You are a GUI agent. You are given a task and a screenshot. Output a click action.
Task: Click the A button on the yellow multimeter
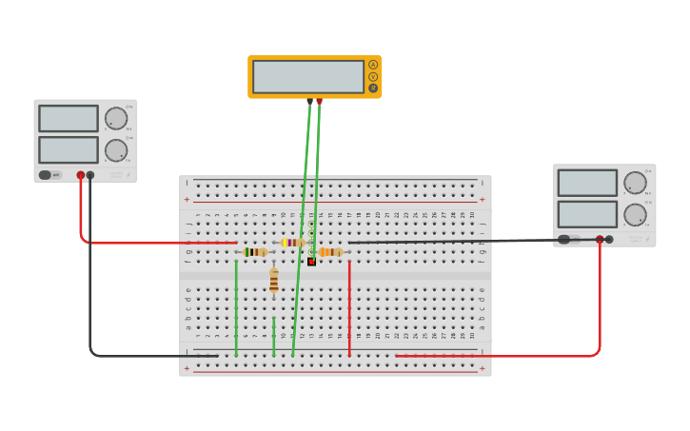tap(373, 65)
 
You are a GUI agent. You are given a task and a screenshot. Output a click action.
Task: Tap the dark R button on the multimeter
tap(373, 88)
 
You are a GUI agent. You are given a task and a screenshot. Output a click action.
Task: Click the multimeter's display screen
tap(308, 76)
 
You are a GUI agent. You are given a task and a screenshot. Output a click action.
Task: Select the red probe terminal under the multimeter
tap(320, 101)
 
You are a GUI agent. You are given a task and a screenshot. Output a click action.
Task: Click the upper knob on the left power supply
tap(116, 119)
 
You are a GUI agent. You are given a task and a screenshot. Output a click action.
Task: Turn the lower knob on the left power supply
tap(116, 150)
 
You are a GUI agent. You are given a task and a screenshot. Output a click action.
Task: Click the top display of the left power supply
tap(69, 118)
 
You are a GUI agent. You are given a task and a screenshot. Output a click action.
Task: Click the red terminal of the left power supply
tap(81, 175)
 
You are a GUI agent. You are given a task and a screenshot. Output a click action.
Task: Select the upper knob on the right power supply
tap(635, 183)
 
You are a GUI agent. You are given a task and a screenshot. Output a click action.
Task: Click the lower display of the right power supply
tap(587, 214)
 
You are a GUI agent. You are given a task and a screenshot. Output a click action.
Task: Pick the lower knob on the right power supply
tap(635, 214)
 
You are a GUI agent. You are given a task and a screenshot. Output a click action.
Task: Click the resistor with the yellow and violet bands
tap(292, 243)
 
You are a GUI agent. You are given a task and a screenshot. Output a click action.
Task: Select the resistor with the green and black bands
tap(255, 252)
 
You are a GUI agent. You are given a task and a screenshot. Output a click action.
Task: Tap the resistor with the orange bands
tap(330, 252)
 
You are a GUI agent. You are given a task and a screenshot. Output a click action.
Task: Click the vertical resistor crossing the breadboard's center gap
tap(274, 282)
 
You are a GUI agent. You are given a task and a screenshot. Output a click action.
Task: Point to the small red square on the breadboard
tap(311, 262)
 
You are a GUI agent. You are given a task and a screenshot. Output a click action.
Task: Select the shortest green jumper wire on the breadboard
tap(274, 338)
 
